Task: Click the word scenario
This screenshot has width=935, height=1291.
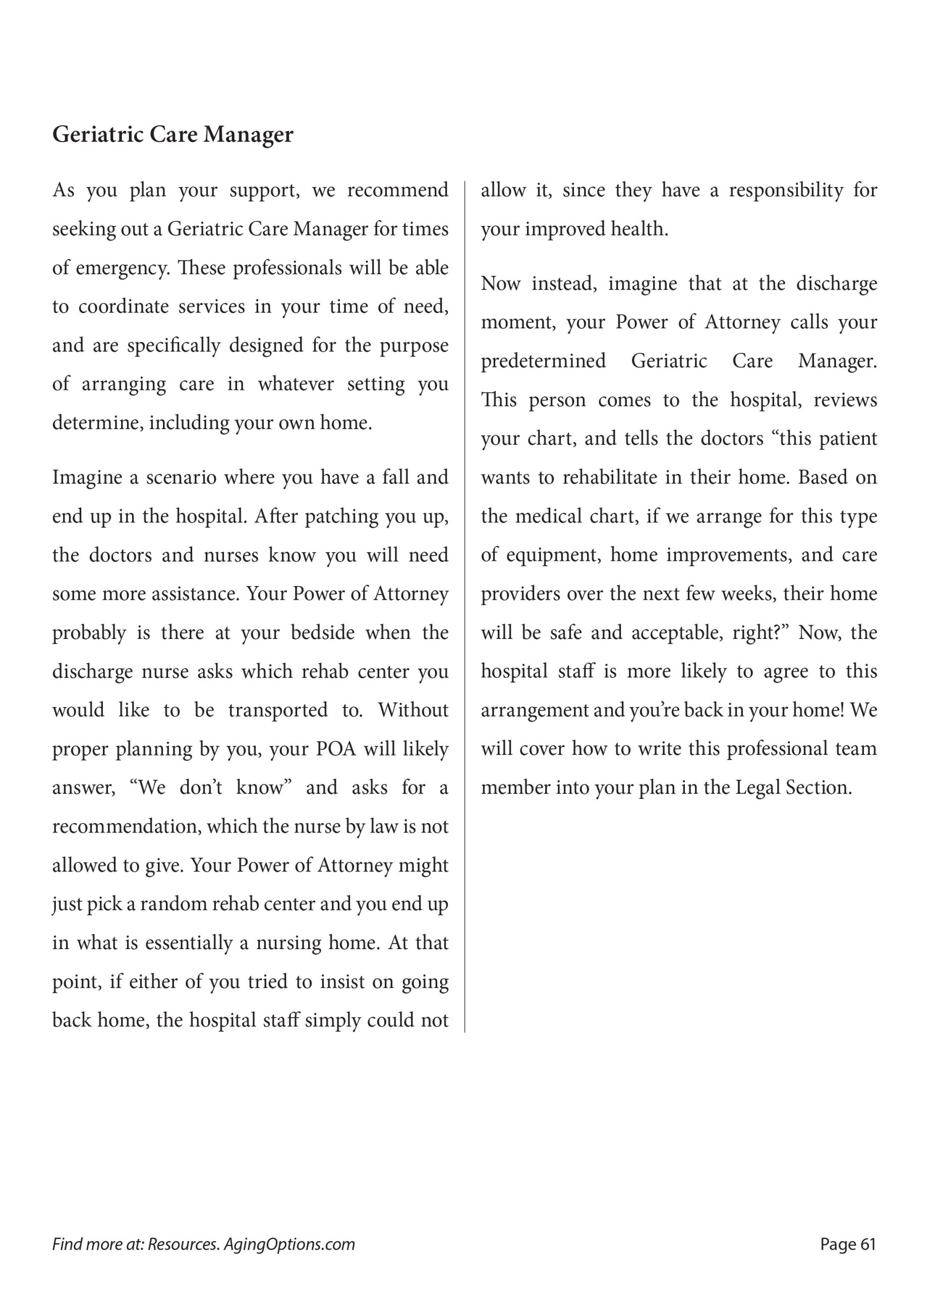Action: click(x=181, y=477)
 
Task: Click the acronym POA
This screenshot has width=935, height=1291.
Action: click(x=336, y=749)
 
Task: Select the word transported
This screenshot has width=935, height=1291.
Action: click(x=278, y=710)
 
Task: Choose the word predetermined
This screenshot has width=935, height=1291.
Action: click(x=543, y=361)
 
